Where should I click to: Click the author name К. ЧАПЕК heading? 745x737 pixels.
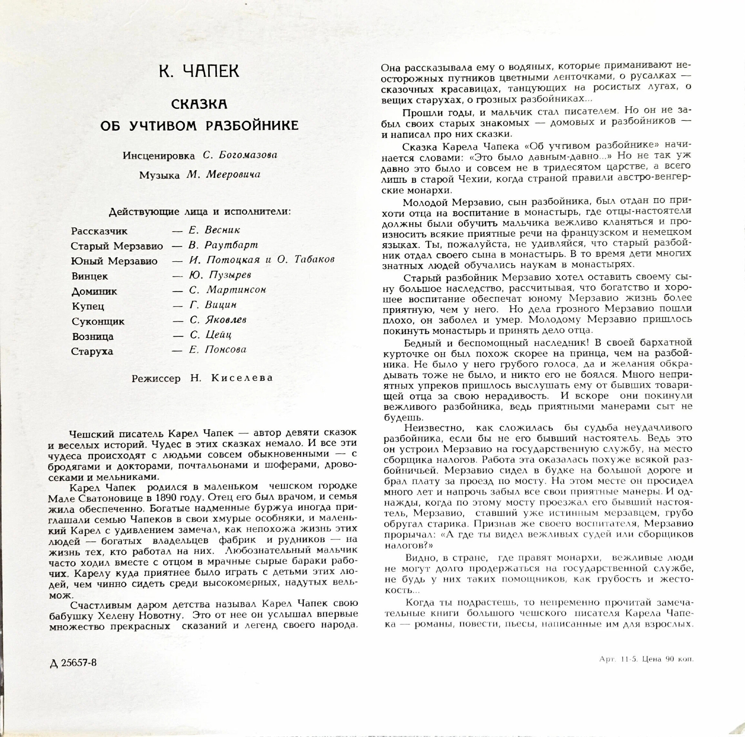[199, 71]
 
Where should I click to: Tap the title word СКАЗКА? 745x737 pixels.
[199, 104]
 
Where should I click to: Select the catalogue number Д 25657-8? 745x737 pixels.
[73, 663]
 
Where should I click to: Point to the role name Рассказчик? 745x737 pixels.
[99, 232]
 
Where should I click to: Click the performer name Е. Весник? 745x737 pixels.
[215, 230]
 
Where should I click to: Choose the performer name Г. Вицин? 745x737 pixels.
[213, 305]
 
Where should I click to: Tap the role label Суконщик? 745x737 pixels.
[98, 321]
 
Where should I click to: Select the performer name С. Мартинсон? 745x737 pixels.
[228, 290]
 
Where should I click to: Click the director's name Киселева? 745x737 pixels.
[242, 378]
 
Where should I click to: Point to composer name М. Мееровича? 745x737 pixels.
[223, 175]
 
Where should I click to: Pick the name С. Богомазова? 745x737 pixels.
[240, 155]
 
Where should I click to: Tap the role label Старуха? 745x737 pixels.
[92, 352]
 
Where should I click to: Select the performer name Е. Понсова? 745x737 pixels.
[218, 350]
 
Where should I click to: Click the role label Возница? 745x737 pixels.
[93, 337]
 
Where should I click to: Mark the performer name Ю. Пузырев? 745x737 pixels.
[220, 275]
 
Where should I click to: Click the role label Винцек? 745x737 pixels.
[90, 276]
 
